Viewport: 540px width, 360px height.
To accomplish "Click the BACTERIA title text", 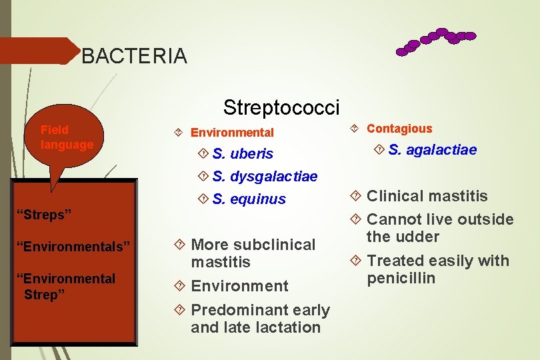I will [134, 56].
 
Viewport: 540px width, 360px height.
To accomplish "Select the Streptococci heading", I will [281, 107].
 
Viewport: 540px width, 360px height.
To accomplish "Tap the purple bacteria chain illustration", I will [435, 41].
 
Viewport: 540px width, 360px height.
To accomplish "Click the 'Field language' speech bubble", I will [67, 137].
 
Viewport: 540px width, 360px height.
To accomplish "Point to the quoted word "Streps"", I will [47, 215].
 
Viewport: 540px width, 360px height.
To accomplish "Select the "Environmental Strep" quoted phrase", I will [69, 286].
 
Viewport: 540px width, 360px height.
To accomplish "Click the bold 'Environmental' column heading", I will [232, 133].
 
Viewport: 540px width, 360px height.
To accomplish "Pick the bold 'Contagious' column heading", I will [399, 129].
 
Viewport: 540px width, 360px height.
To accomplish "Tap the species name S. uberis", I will [243, 154].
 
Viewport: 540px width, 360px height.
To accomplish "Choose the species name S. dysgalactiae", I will [265, 177].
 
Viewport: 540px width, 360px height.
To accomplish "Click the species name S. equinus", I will [249, 199].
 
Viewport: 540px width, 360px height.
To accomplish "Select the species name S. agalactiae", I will [432, 149].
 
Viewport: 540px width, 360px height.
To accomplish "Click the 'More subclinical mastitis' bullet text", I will [253, 253].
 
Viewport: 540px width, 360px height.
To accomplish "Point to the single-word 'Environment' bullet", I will [239, 286].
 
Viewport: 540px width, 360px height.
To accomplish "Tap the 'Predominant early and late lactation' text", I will [260, 319].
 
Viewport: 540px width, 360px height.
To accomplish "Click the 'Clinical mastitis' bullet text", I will [427, 196].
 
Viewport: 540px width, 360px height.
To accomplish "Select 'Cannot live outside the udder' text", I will [440, 228].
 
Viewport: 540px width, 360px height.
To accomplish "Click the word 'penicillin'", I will [401, 278].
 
